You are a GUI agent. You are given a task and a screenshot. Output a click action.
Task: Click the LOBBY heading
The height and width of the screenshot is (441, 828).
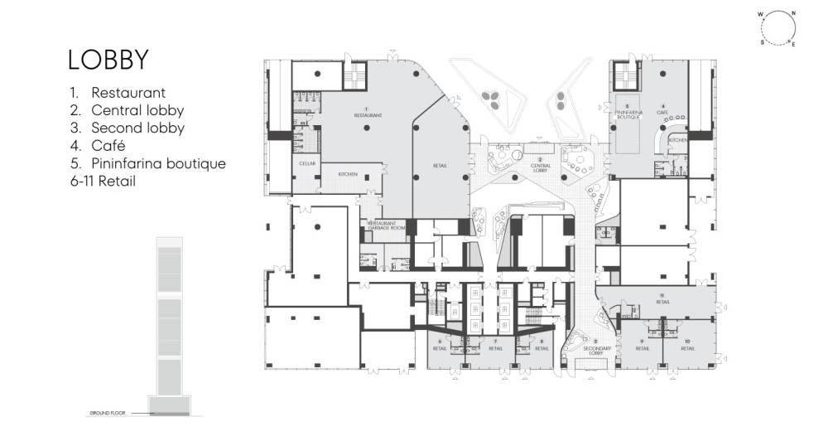(108, 61)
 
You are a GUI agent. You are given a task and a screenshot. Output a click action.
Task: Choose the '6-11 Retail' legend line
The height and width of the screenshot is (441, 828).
(103, 181)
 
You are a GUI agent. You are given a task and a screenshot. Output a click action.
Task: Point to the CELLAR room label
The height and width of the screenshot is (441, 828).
(307, 164)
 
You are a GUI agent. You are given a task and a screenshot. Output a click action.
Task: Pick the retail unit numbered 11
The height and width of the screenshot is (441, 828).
(662, 300)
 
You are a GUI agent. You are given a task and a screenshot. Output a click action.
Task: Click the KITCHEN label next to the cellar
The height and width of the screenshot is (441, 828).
(348, 174)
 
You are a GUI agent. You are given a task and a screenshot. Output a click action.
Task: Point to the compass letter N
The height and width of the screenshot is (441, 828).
(793, 14)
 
